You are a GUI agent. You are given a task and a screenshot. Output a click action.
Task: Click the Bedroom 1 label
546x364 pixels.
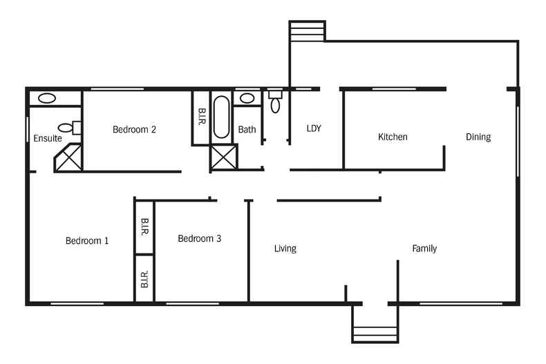coord(87,241)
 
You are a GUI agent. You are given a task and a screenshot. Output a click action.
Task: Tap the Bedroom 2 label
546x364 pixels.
coord(134,129)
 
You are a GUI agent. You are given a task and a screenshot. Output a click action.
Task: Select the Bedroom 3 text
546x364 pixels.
coord(199,239)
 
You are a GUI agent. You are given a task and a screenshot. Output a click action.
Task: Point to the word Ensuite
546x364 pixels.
coord(48,139)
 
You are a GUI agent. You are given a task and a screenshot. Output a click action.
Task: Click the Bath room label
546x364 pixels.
coord(247,129)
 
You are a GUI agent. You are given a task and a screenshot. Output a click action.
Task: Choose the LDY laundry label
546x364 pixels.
coord(314,128)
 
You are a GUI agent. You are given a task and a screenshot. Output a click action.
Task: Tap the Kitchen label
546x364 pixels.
coord(393,137)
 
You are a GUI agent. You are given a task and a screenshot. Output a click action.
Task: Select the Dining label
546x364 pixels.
coord(478,137)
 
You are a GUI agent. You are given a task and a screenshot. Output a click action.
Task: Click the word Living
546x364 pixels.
coord(285,249)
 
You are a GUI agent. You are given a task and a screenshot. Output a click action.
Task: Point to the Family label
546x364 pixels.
coord(424,249)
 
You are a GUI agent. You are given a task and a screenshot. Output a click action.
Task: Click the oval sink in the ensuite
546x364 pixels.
coord(47,99)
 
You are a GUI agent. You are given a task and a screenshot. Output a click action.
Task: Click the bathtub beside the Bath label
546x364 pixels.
coord(221,117)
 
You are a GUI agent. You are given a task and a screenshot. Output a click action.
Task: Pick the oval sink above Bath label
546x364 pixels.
coord(247,98)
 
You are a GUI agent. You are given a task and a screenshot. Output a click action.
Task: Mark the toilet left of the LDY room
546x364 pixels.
coord(275,102)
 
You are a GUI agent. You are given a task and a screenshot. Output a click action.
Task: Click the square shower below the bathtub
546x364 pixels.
coord(224,157)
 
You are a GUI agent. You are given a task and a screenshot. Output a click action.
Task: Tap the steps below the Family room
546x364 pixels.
coord(375,325)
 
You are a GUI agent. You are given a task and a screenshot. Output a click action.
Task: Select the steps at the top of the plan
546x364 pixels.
coord(307,31)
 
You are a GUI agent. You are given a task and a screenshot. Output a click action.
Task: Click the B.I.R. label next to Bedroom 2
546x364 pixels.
coord(201,117)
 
